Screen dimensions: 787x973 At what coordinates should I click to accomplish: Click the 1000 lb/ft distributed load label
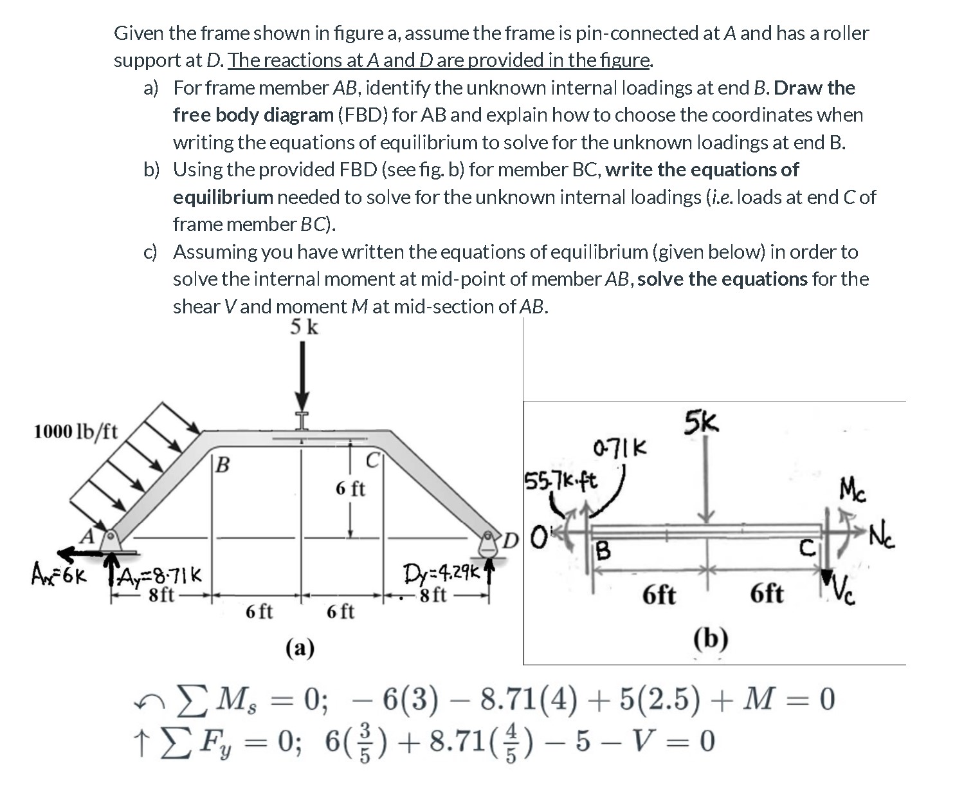point(75,431)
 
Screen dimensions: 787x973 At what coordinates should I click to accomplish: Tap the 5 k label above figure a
point(304,327)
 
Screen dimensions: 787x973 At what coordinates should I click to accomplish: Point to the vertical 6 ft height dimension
point(350,489)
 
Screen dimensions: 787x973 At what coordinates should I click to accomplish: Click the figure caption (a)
point(300,648)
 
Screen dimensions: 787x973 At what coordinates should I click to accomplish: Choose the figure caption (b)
point(711,638)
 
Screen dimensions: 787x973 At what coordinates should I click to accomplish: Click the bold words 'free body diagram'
point(253,115)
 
